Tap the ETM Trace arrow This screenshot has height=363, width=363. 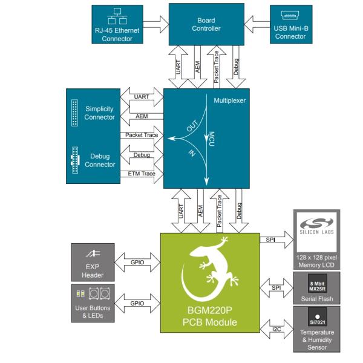pos(143,174)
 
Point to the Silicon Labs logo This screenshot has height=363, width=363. pos(316,228)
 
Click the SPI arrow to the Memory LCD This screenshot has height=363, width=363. pos(270,241)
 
